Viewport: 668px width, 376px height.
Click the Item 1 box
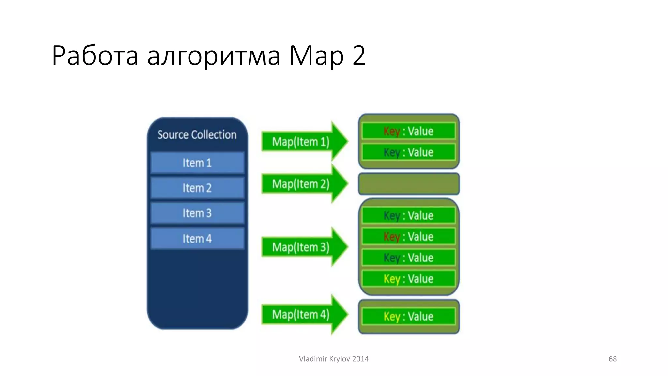[197, 163]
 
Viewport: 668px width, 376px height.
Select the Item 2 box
[197, 188]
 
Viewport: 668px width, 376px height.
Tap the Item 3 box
[197, 213]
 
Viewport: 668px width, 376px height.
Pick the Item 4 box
[197, 239]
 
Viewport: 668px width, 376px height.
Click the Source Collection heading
[197, 134]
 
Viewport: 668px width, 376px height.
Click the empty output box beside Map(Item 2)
[409, 184]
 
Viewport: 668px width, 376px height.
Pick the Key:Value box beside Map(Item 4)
[408, 316]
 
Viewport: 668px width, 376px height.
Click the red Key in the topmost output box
[391, 131]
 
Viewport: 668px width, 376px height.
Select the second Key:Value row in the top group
[408, 152]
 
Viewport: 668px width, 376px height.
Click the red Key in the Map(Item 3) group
[391, 237]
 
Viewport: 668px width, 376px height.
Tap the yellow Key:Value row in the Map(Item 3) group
[408, 279]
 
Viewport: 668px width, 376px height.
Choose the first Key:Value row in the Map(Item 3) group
[408, 215]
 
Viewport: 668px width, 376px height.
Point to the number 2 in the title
[358, 55]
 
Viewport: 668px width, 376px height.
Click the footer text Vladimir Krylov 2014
[334, 359]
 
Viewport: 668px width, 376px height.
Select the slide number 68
[612, 359]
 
